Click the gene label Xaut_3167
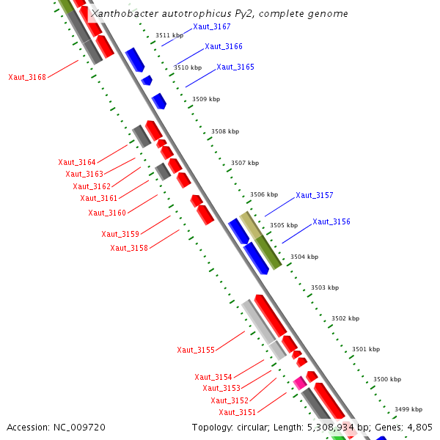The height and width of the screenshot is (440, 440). [x=212, y=27]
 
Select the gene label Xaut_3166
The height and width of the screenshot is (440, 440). [x=224, y=47]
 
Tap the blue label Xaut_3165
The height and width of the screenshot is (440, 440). [x=235, y=67]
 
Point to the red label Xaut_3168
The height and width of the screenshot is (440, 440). [x=27, y=78]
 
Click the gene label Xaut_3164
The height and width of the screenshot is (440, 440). [x=77, y=163]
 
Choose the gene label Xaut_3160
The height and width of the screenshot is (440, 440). [x=107, y=213]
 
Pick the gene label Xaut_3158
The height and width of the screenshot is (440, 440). [x=129, y=249]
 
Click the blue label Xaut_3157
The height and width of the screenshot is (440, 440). [x=315, y=196]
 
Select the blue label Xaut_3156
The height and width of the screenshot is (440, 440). [x=331, y=222]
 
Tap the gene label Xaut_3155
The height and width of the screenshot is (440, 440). [x=196, y=351]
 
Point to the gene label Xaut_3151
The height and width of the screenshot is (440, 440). [x=238, y=413]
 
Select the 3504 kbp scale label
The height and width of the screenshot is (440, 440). [x=304, y=257]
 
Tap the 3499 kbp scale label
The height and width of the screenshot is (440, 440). [x=408, y=409]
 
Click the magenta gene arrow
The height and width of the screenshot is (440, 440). [x=299, y=383]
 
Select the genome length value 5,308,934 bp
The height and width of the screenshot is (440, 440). [x=334, y=428]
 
